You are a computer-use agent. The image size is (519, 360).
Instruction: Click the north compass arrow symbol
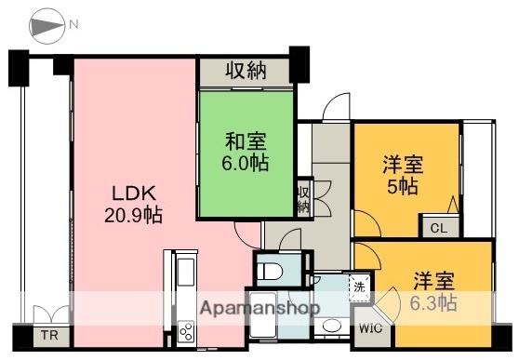pos(46,27)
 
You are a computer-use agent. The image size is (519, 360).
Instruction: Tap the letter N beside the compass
pos(71,21)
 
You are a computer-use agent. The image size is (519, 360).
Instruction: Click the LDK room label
pos(132,194)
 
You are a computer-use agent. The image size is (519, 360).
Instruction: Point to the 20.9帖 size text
pos(132,215)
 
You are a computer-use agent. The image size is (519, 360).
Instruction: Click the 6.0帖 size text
pos(246,163)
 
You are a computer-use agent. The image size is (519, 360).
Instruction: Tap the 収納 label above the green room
pos(245,71)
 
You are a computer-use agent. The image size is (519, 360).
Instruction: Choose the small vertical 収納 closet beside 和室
pos(303,199)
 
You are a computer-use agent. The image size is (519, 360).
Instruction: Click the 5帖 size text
pos(403,186)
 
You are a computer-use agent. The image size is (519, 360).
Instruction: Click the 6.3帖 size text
pos(434,302)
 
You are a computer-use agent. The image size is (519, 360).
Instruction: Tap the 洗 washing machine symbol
pos(358,287)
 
